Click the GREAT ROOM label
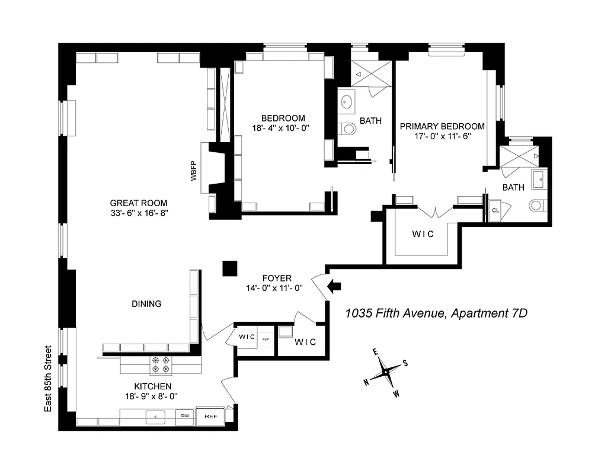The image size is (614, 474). (138, 203)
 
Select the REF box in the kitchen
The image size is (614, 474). (210, 417)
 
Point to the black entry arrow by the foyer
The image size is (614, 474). (335, 287)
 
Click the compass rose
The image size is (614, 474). (386, 371)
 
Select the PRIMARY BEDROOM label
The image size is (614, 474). (442, 126)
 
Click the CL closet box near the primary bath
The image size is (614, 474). (495, 210)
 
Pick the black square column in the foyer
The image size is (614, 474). (229, 269)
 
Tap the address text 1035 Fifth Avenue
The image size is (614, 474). (436, 313)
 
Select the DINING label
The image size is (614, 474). (146, 304)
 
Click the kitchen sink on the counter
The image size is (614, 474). (156, 417)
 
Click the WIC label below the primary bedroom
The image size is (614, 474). (423, 234)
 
